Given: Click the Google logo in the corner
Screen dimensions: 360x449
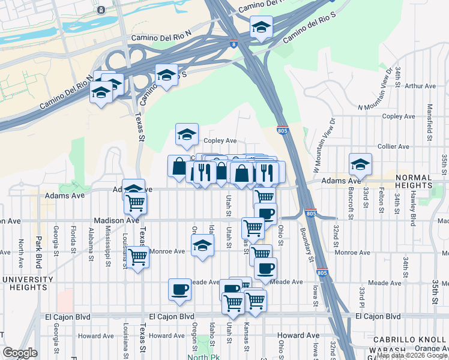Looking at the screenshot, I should pyautogui.click(x=19, y=353).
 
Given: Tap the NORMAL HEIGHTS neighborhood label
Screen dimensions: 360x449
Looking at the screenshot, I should pyautogui.click(x=412, y=183).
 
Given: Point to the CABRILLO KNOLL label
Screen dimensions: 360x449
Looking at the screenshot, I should pyautogui.click(x=409, y=340).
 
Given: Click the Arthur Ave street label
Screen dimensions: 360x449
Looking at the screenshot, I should pyautogui.click(x=420, y=86).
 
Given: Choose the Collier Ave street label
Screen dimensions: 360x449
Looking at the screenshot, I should pyautogui.click(x=393, y=146).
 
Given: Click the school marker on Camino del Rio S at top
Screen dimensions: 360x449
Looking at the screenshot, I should pyautogui.click(x=261, y=27).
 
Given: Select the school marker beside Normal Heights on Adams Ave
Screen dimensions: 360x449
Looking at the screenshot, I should pyautogui.click(x=360, y=164).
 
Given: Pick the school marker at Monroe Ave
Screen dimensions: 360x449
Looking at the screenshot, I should pyautogui.click(x=203, y=245).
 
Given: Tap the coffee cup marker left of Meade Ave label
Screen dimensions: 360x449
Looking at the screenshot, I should pyautogui.click(x=179, y=290).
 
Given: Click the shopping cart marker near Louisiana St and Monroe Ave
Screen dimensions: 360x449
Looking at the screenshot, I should pyautogui.click(x=138, y=257).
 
